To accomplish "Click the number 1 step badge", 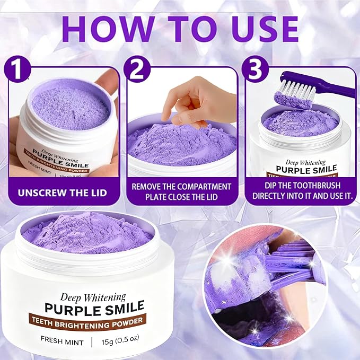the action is (x=17, y=69).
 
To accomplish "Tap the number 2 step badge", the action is (x=137, y=69).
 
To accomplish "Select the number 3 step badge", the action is (x=255, y=69).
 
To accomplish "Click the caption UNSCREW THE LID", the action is (x=62, y=193).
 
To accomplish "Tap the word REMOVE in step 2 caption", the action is (x=146, y=187).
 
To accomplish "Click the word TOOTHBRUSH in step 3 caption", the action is (x=319, y=186).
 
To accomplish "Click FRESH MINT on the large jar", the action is (x=62, y=341).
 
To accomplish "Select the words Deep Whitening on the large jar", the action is (x=93, y=297).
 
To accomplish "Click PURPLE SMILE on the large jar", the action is (x=94, y=308).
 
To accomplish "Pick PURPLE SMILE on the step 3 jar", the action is (x=306, y=169).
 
